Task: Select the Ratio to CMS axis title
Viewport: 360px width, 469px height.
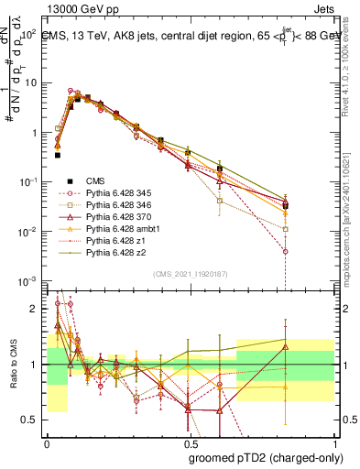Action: [12, 365]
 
